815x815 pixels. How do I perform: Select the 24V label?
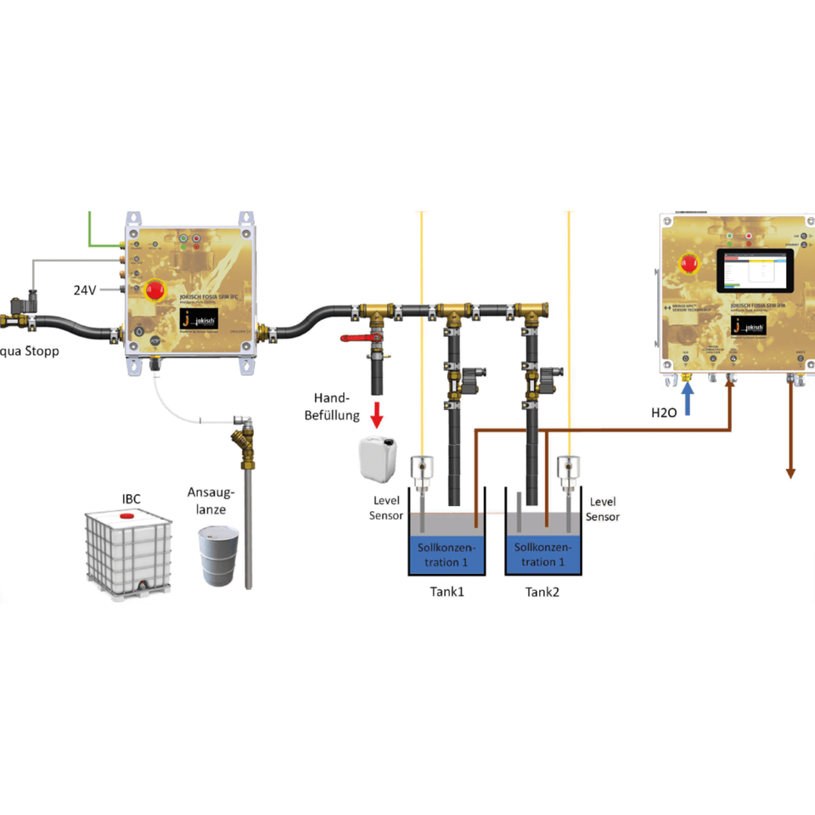pyautogui.click(x=84, y=289)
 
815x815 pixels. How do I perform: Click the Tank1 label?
pyautogui.click(x=447, y=592)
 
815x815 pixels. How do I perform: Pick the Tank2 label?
pyautogui.click(x=542, y=592)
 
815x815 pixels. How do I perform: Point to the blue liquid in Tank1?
pyautogui.click(x=447, y=554)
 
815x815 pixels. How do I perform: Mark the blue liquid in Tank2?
pyautogui.click(x=542, y=554)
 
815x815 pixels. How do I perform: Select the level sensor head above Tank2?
pyautogui.click(x=567, y=468)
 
